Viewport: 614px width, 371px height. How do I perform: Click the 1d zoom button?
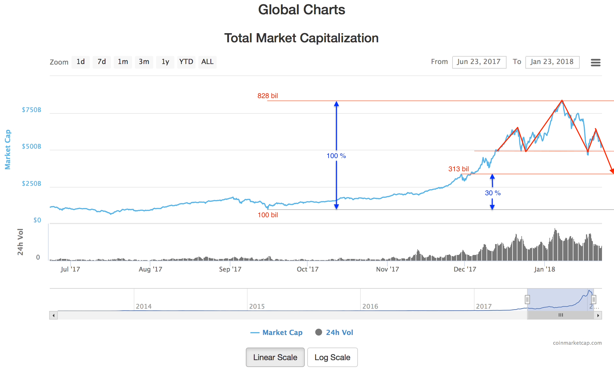81,62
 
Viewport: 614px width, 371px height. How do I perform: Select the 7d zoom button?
102,62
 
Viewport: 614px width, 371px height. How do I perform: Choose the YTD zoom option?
186,62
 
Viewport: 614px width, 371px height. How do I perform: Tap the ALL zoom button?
207,62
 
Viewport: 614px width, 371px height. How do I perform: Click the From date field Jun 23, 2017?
479,62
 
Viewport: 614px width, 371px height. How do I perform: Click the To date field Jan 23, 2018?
552,62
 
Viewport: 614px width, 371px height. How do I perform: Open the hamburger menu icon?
595,62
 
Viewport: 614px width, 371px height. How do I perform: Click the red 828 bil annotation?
268,96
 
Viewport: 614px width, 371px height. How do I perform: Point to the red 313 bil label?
458,169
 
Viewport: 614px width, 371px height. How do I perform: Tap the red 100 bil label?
268,215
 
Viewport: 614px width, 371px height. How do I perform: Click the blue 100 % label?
336,156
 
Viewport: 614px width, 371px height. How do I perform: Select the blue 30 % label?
493,193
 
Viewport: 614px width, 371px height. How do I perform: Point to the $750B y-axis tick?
31,110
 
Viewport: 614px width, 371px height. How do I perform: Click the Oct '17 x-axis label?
308,269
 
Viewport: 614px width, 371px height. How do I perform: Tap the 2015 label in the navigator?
257,306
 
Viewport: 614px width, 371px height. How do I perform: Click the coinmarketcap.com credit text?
577,343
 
